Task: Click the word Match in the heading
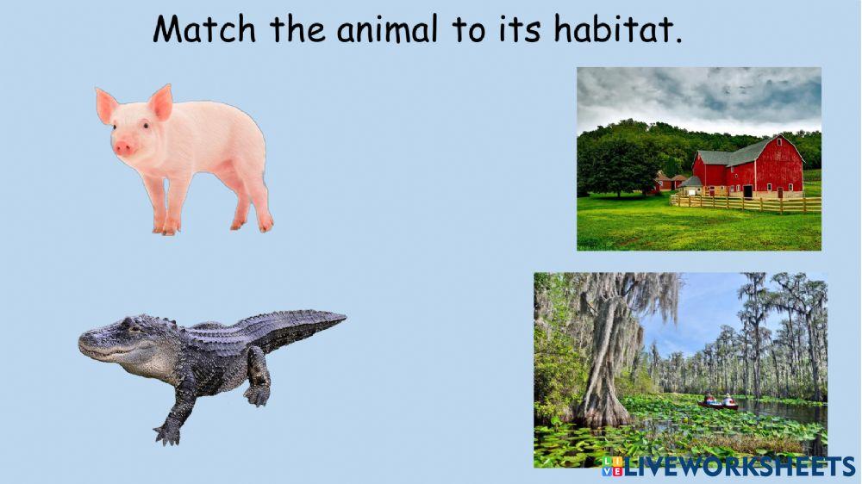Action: tap(204, 30)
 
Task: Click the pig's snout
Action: tap(124, 147)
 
